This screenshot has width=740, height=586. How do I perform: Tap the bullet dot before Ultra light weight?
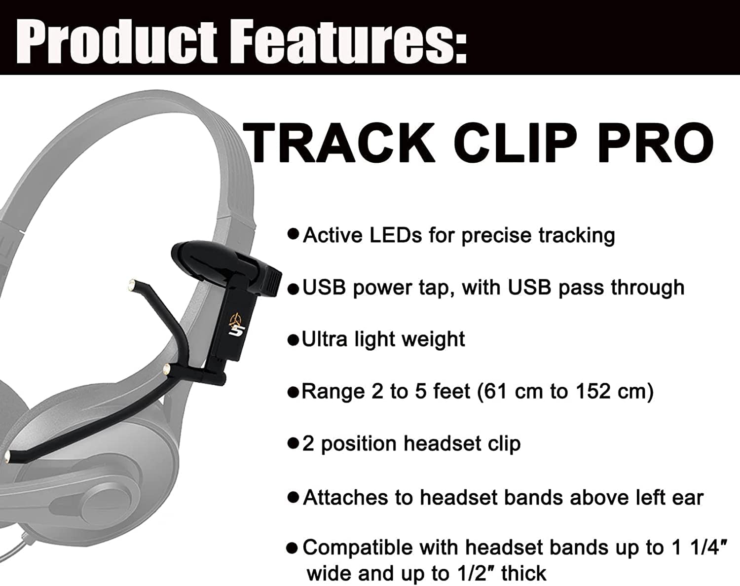(x=293, y=340)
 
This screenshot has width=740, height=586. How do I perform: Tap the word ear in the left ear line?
(x=689, y=498)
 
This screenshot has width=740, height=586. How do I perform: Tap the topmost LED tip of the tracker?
(x=132, y=284)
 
